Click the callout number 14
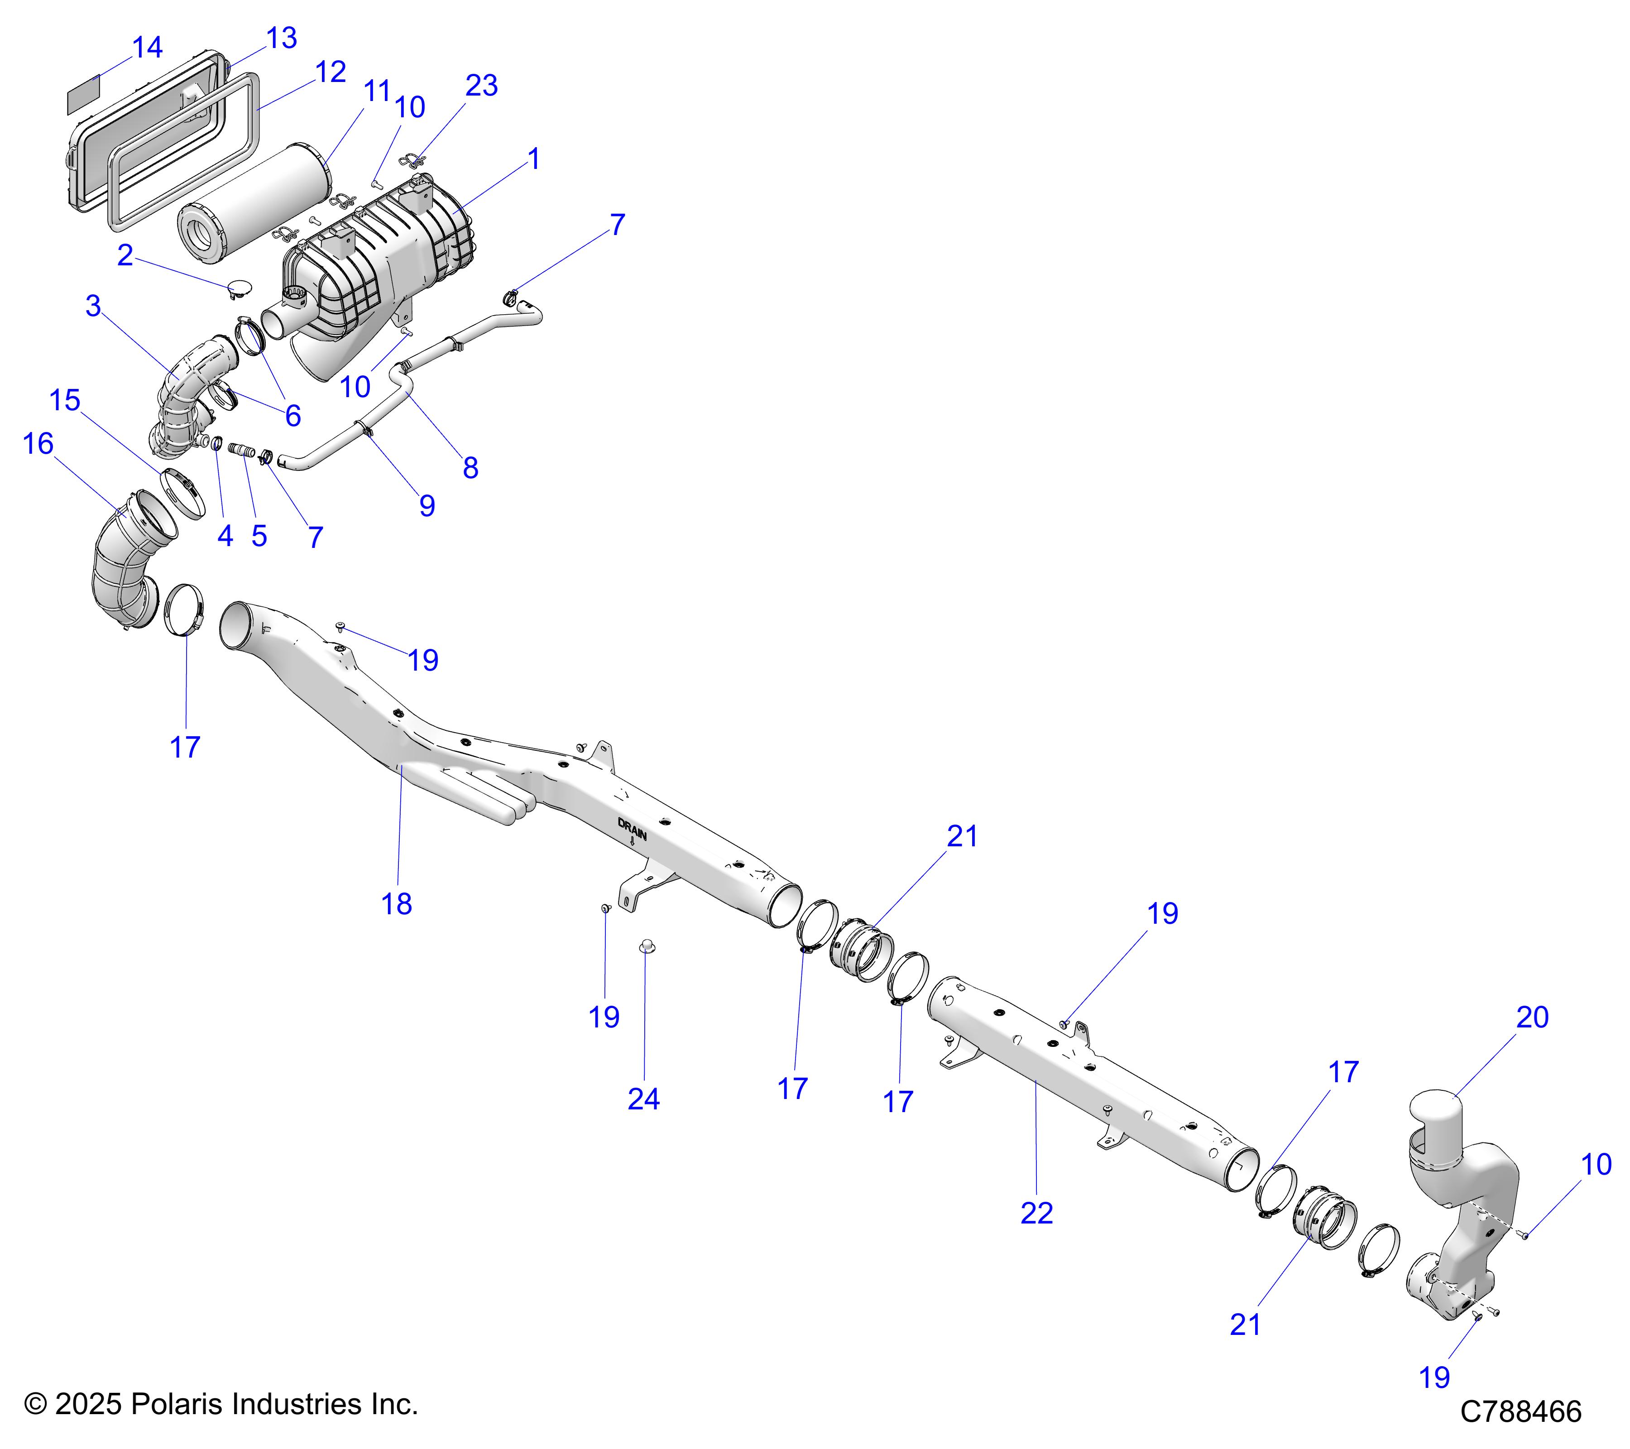148,48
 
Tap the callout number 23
482,85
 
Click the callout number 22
1037,1213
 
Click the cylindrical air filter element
255,199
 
